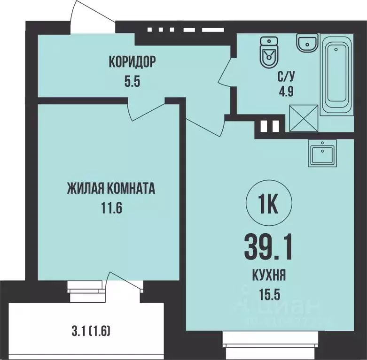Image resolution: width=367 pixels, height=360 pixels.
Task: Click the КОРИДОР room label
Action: (132, 61)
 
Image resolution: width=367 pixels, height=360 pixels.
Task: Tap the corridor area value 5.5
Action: (132, 80)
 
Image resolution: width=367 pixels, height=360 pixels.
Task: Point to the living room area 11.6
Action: (111, 208)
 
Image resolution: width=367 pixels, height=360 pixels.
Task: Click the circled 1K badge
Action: (269, 205)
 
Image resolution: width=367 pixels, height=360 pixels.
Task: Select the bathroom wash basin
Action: (307, 44)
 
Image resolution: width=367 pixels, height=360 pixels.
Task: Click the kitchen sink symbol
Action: (323, 153)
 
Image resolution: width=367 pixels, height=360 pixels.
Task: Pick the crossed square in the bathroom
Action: (304, 118)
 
